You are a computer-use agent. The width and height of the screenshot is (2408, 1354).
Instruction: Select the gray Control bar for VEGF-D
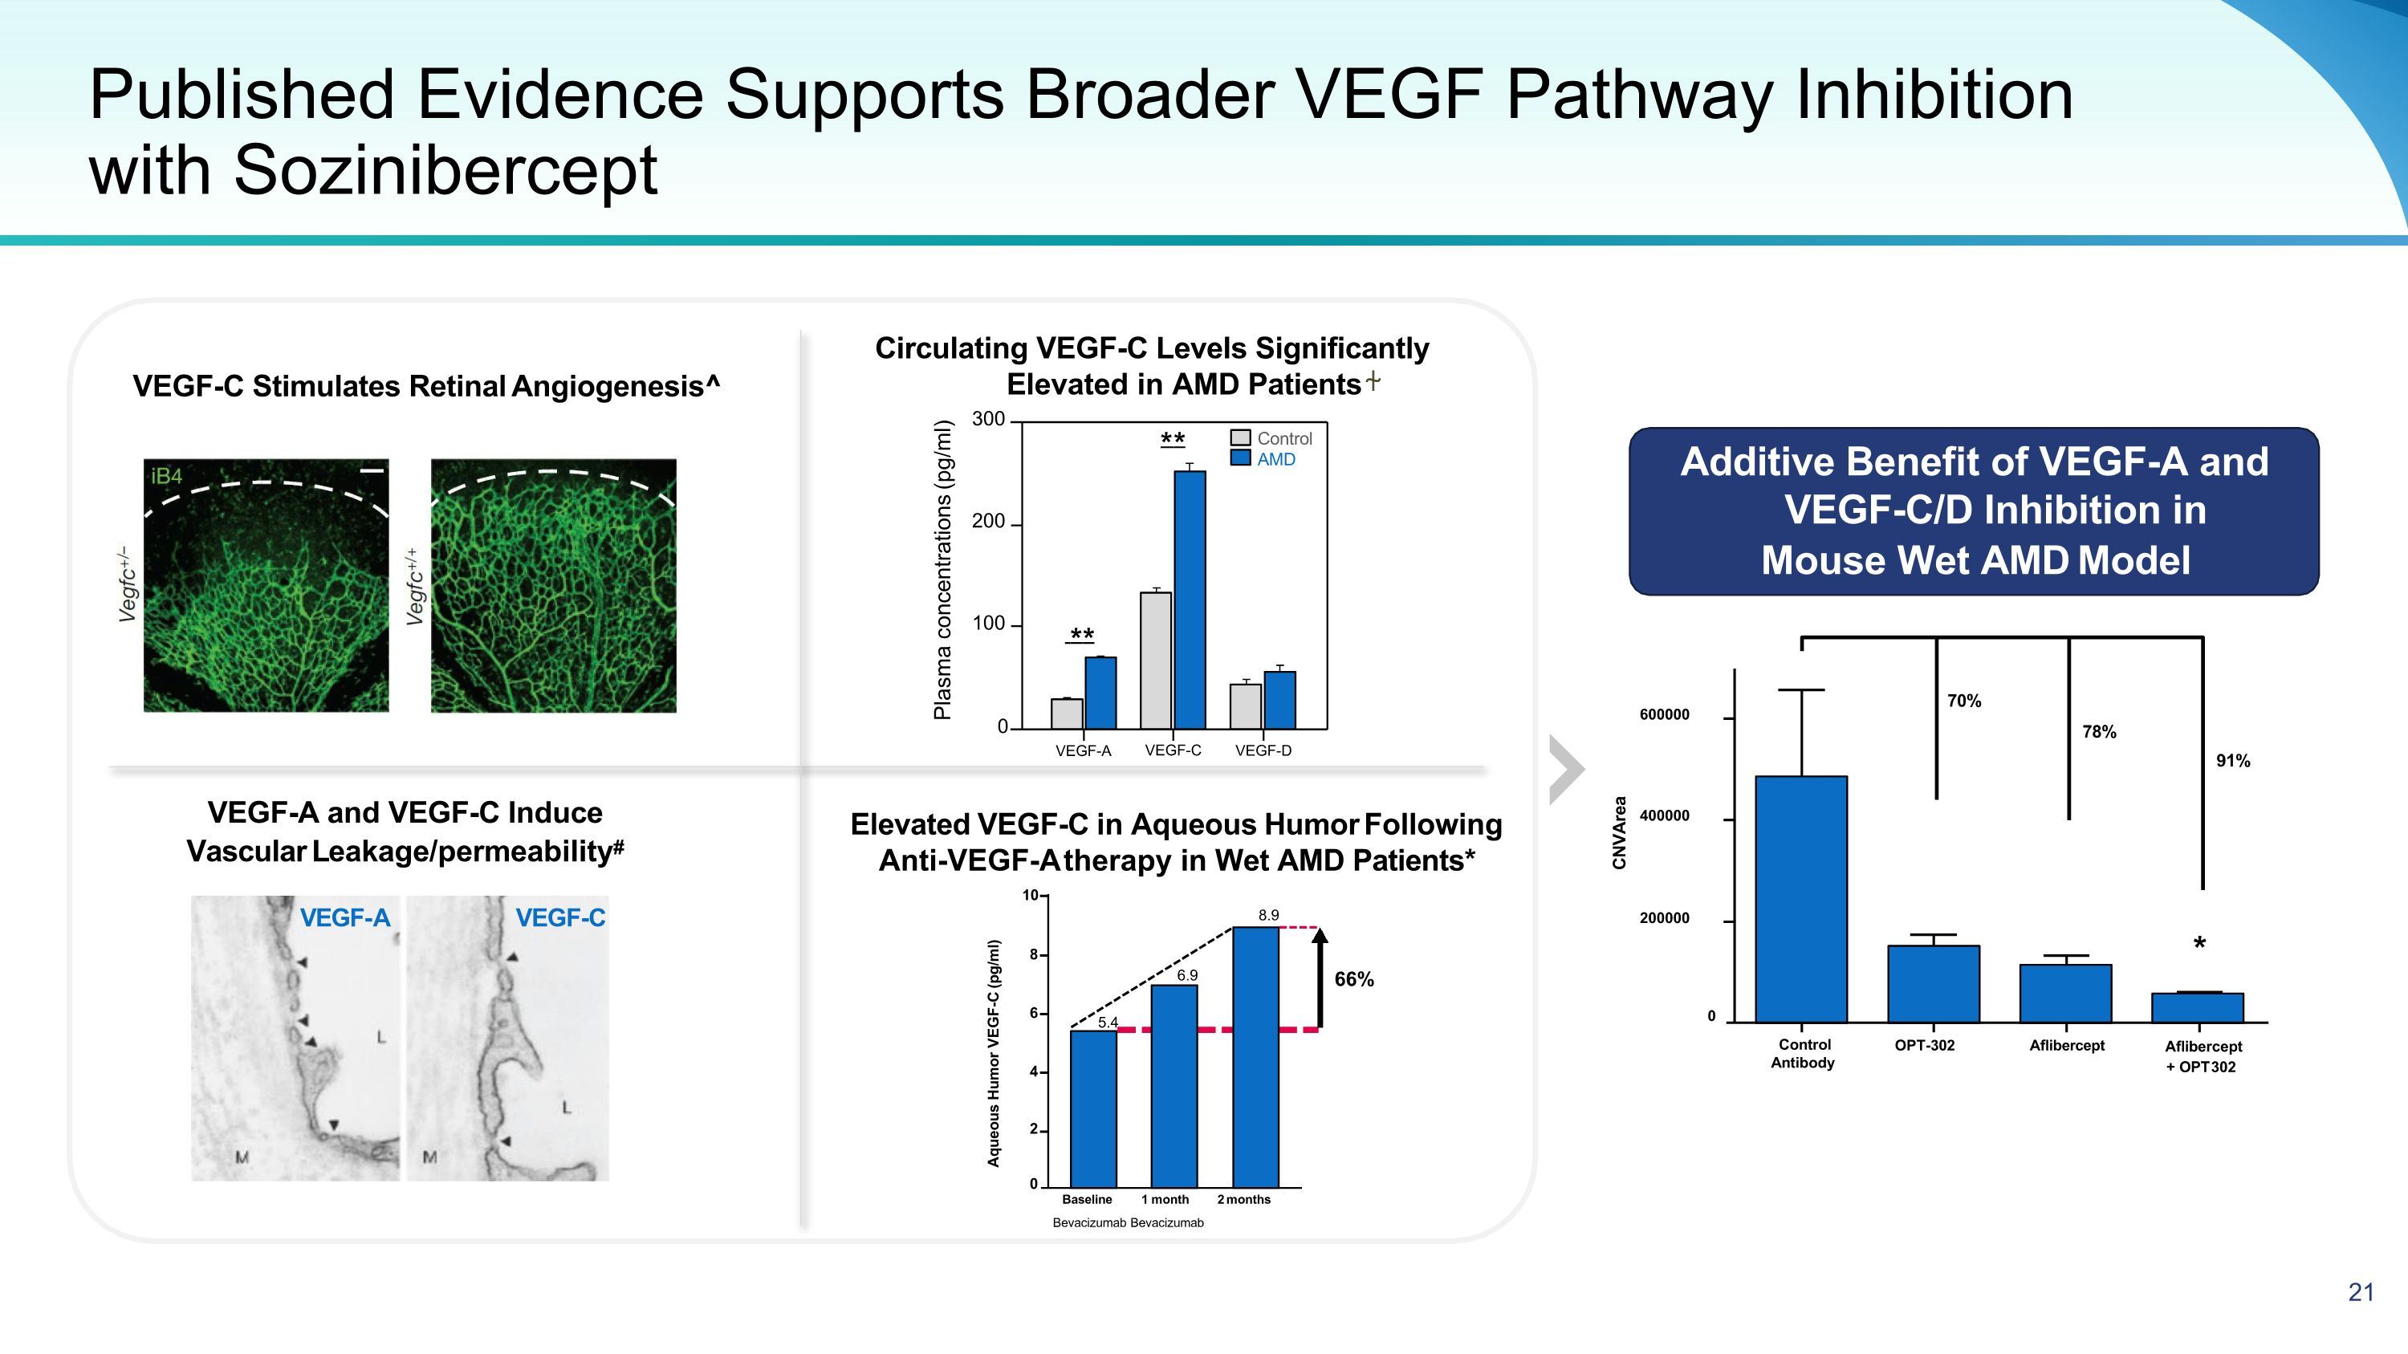coord(1245,706)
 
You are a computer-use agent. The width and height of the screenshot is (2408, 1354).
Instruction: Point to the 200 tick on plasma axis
coord(988,522)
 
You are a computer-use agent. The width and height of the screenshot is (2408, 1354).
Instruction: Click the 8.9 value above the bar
coord(1267,916)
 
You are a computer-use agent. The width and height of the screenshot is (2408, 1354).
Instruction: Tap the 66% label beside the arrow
coord(1353,979)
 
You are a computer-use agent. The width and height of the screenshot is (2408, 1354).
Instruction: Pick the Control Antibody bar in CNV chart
coord(1801,899)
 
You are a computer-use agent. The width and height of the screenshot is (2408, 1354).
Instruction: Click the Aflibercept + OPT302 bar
coord(2197,1007)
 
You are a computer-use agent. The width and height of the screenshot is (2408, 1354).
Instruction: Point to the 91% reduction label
coord(2233,761)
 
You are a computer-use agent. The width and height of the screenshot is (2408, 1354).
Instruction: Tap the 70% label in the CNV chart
coord(1964,701)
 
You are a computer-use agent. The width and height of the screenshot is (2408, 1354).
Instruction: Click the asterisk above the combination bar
coord(2199,945)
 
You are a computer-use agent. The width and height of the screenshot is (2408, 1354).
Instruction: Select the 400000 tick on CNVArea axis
coord(1665,815)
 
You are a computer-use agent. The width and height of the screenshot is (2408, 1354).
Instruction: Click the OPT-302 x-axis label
coord(1924,1046)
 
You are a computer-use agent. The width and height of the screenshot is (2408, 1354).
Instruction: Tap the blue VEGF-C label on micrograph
coord(560,917)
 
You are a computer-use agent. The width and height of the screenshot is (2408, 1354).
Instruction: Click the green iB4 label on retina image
coord(166,477)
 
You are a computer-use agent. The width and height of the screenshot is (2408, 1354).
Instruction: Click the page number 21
coord(2361,1292)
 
